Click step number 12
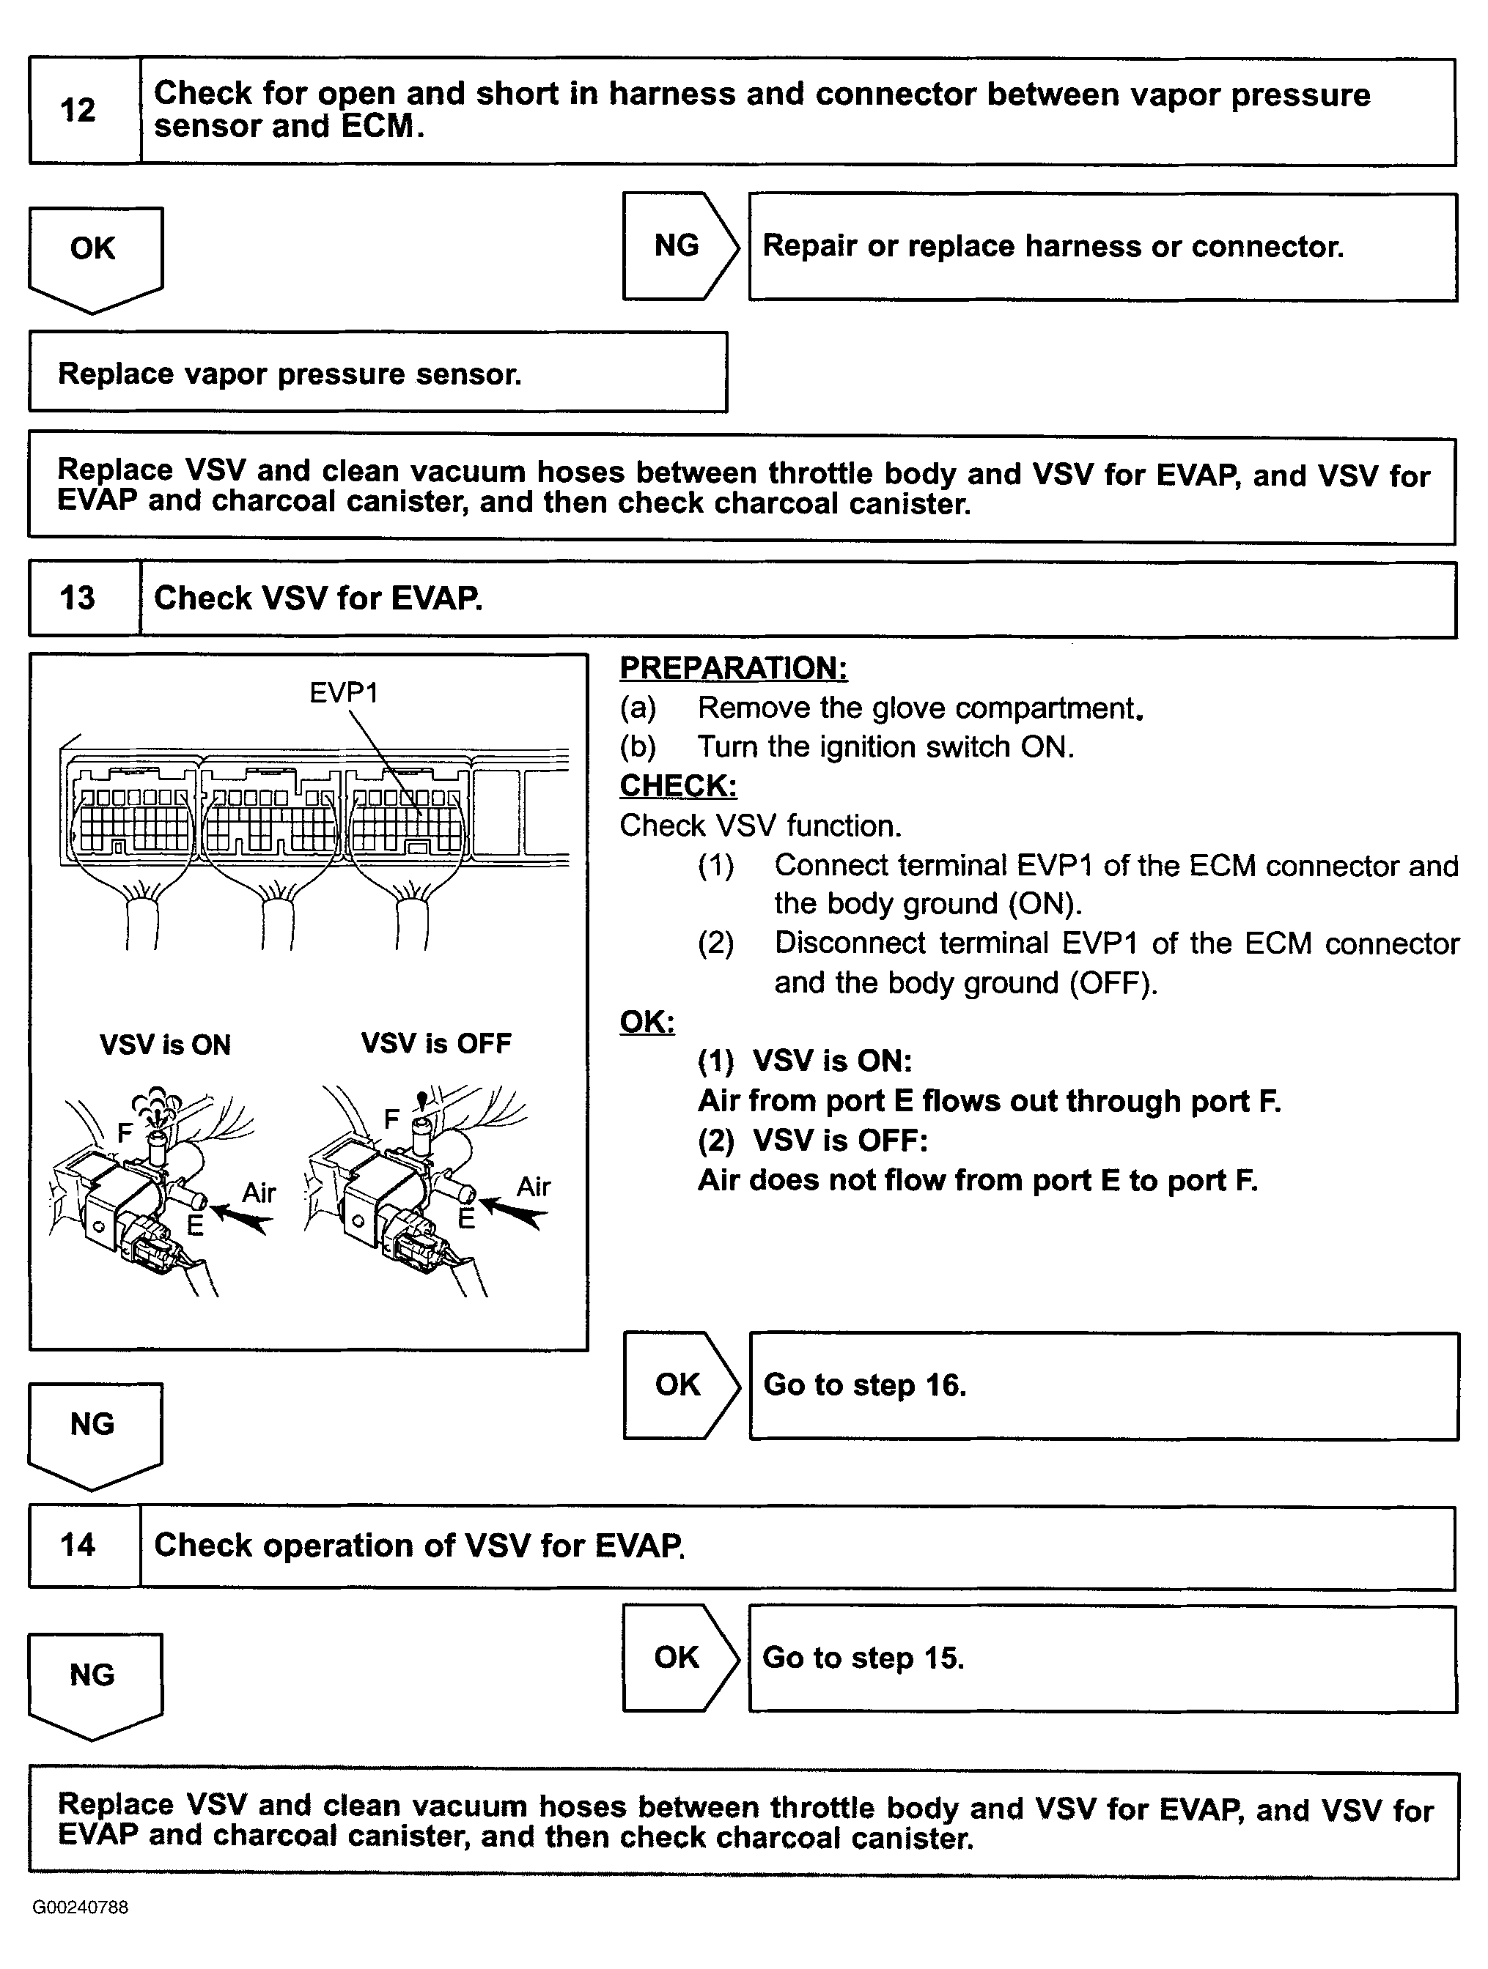coord(78,111)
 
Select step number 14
coord(78,1544)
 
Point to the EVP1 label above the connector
coord(344,692)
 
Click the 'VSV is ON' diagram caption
coord(166,1044)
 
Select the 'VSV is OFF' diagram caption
coord(436,1043)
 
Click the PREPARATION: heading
coord(733,667)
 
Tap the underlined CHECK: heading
coord(677,785)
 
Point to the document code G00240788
coord(81,1907)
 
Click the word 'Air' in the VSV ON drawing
coord(259,1192)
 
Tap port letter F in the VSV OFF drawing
coord(391,1118)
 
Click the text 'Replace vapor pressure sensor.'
coord(290,374)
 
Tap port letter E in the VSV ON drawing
coord(195,1225)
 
